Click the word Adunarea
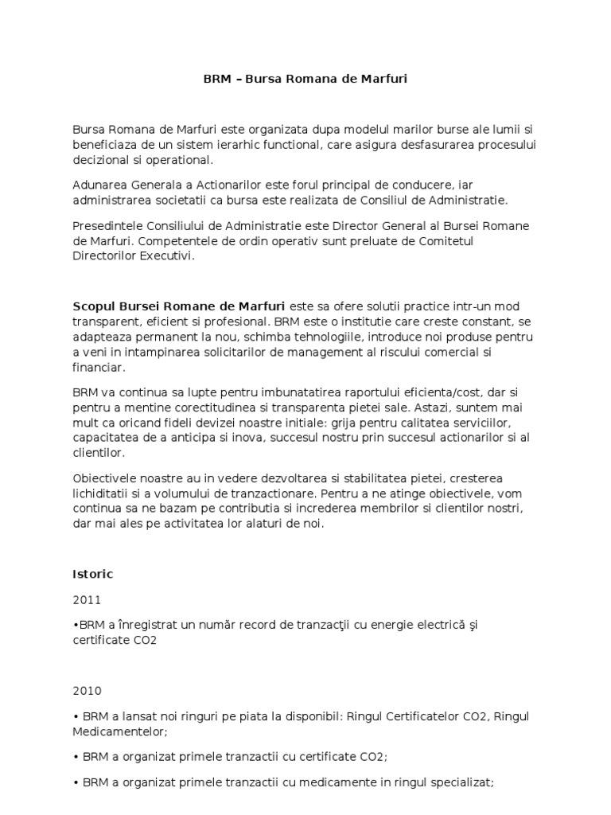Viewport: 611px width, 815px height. pos(99,185)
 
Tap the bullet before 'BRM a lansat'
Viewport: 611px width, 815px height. pos(75,716)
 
